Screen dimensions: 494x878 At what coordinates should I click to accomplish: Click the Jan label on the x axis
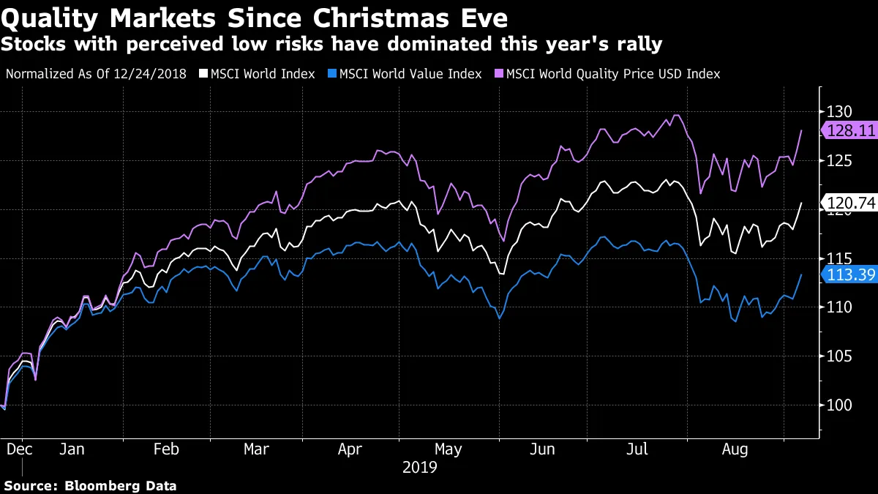pos(72,449)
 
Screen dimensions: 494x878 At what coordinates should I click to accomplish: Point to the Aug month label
pos(735,449)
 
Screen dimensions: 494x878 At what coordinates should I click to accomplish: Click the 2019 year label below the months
pos(419,467)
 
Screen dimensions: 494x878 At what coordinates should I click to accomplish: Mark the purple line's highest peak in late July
pos(677,115)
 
